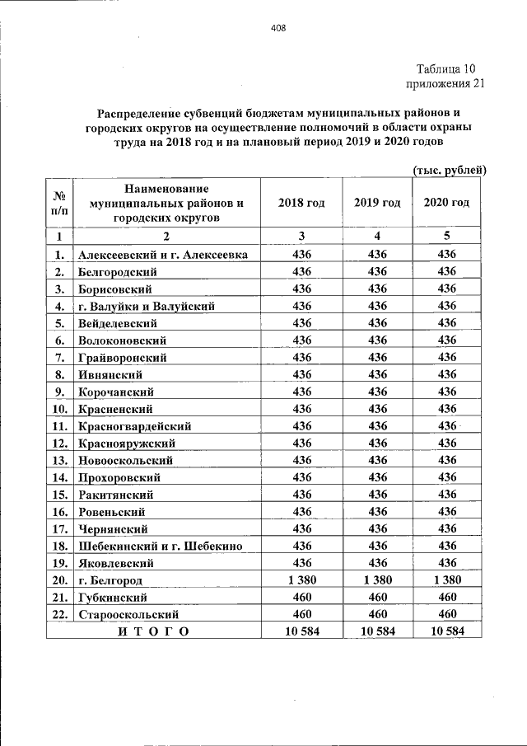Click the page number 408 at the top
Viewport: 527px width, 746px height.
click(277, 27)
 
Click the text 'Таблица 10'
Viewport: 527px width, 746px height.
click(445, 68)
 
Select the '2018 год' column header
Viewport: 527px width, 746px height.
click(301, 203)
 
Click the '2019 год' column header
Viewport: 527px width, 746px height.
click(377, 203)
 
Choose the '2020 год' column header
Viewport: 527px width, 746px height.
click(446, 203)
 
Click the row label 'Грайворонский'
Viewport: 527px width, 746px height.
click(123, 357)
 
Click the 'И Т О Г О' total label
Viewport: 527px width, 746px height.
click(153, 632)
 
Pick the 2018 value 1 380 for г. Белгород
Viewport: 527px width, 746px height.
click(301, 580)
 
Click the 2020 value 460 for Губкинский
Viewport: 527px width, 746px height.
click(446, 598)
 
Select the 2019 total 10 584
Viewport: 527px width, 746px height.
click(377, 632)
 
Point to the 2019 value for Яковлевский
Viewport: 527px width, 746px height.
click(377, 563)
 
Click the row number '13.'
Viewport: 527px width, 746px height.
click(59, 460)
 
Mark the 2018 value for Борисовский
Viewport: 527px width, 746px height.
click(301, 289)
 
